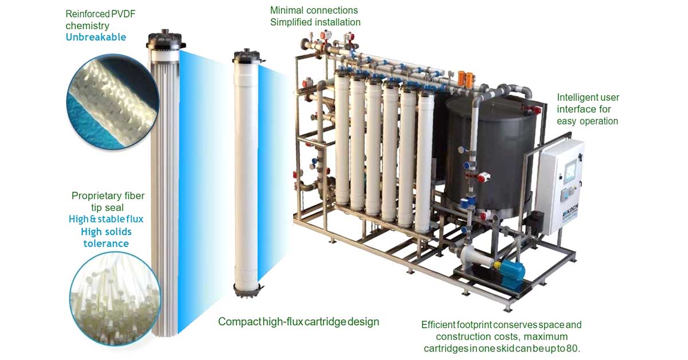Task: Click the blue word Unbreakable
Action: (96, 37)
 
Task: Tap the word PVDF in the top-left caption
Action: (123, 14)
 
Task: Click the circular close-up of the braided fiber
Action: (113, 101)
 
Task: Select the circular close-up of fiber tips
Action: (115, 299)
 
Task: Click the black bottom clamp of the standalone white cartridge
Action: (248, 289)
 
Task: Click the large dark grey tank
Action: (491, 156)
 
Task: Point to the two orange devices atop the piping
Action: (466, 79)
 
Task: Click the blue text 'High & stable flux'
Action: (106, 219)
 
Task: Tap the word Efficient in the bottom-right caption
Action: (438, 324)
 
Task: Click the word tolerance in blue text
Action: (106, 244)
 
